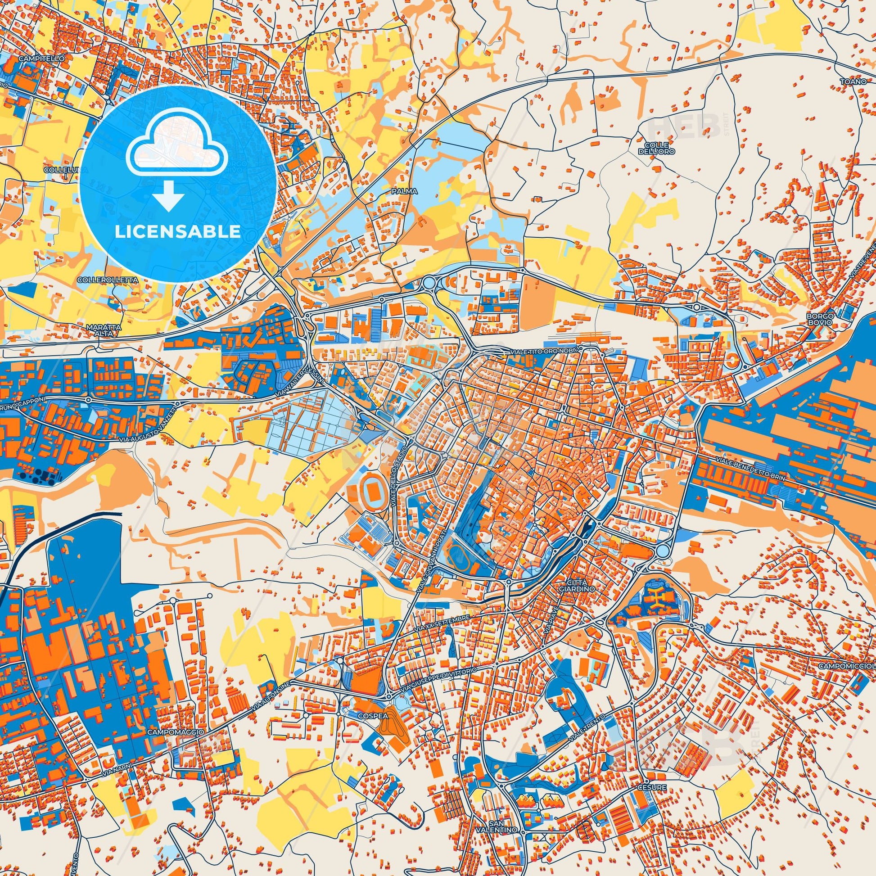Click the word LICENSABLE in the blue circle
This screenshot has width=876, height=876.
(178, 231)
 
